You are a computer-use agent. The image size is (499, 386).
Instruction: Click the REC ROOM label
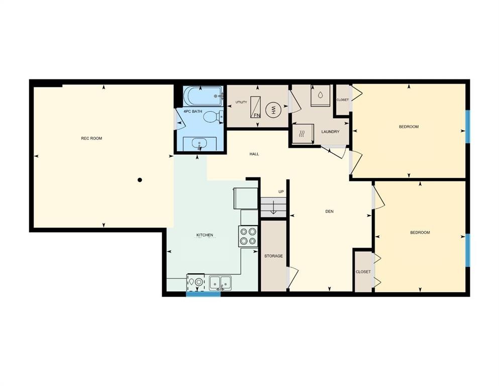(x=91, y=138)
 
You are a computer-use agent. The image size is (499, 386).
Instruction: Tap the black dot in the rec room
(x=140, y=179)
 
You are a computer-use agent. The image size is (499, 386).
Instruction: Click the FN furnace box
(x=256, y=108)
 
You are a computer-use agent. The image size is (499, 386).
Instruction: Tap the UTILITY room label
(x=241, y=103)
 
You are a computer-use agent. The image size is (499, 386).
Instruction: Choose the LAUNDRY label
(x=330, y=132)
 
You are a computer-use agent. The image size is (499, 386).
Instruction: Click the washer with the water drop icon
(x=320, y=95)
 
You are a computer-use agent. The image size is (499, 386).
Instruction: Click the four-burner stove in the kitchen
(x=248, y=236)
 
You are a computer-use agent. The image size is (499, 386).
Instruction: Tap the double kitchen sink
(x=220, y=283)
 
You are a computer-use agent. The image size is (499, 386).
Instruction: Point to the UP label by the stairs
(x=281, y=192)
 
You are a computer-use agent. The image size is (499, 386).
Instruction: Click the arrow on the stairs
(x=273, y=208)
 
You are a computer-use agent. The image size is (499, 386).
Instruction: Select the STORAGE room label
(x=273, y=256)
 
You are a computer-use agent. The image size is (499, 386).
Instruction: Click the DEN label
(x=330, y=212)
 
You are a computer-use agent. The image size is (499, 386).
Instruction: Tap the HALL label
(x=254, y=154)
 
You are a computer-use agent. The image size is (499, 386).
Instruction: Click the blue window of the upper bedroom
(x=467, y=126)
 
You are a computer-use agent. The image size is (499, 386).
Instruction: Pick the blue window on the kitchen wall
(x=203, y=294)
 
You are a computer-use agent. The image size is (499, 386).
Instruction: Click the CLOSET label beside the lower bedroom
(x=363, y=272)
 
